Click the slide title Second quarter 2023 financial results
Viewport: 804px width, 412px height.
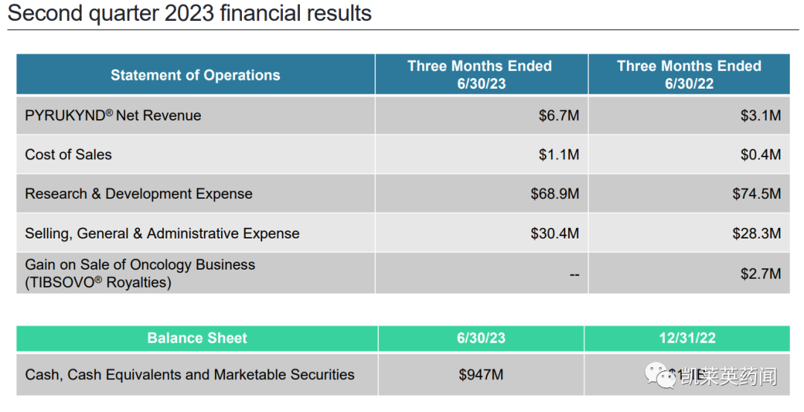(190, 13)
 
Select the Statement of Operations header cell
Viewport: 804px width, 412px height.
(195, 75)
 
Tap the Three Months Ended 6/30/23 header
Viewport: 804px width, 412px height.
(480, 75)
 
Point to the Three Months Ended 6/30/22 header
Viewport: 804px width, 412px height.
(689, 75)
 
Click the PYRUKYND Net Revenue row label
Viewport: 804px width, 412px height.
(113, 115)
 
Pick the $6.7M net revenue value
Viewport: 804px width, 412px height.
(558, 115)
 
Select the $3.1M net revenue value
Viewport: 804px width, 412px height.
(760, 115)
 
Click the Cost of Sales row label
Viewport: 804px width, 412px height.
(68, 155)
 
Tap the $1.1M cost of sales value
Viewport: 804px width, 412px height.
(558, 155)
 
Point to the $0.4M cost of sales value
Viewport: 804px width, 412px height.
(760, 155)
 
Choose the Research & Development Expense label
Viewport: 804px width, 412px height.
(138, 194)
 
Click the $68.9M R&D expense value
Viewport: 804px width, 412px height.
(555, 194)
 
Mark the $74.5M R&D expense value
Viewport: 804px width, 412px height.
(756, 194)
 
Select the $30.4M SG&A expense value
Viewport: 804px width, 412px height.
(555, 233)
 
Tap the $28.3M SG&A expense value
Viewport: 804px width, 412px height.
(756, 233)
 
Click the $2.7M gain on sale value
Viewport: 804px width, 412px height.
(760, 273)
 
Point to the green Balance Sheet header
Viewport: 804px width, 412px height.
(197, 338)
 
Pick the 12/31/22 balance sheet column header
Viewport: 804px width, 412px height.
(687, 338)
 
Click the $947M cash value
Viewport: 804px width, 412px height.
(481, 375)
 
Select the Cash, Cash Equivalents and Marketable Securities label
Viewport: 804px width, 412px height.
(190, 375)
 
